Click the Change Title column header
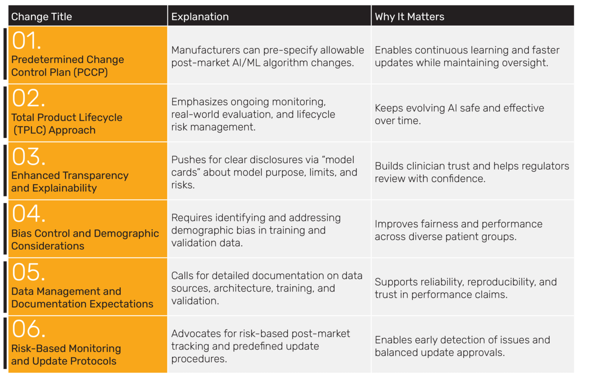[42, 17]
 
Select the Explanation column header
[200, 17]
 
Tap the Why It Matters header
[409, 17]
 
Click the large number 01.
[27, 41]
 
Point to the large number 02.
[28, 98]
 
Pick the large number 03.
[28, 157]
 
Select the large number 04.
[28, 214]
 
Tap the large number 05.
[28, 272]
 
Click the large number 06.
[28, 329]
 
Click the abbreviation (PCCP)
[90, 72]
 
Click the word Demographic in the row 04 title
[126, 234]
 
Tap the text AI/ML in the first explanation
[246, 63]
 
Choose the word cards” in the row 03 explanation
[186, 172]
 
